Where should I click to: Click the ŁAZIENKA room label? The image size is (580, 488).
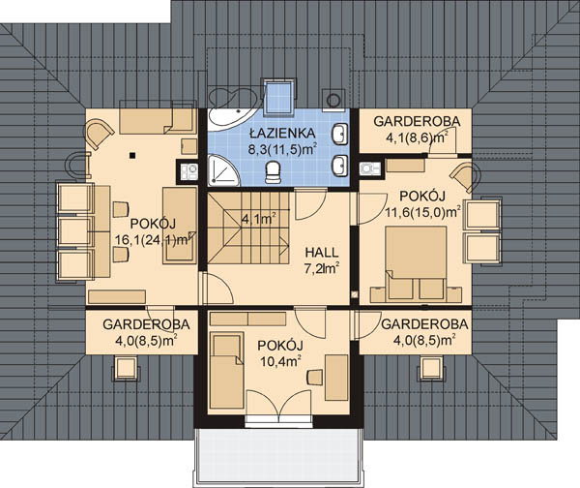coord(282,132)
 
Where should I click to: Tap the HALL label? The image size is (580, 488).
coord(322,253)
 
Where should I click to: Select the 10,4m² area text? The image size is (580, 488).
coord(280,361)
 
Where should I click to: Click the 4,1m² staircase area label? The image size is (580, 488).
coord(259,219)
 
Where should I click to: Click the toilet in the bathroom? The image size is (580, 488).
coord(274,171)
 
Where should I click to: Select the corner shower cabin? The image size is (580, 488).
coord(222,171)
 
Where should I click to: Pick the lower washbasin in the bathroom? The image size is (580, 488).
coord(340,165)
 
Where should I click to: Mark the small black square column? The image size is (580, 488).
coord(132,156)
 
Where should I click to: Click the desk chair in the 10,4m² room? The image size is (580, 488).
coord(315,377)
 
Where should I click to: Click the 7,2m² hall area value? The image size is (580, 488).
coord(322,268)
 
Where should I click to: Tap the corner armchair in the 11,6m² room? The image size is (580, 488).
coord(466,178)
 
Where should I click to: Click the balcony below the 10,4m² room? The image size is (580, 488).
coord(279,458)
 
